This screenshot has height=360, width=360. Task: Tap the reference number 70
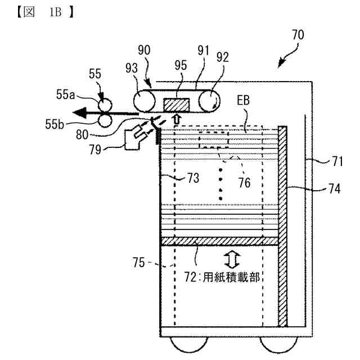pos(298,35)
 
